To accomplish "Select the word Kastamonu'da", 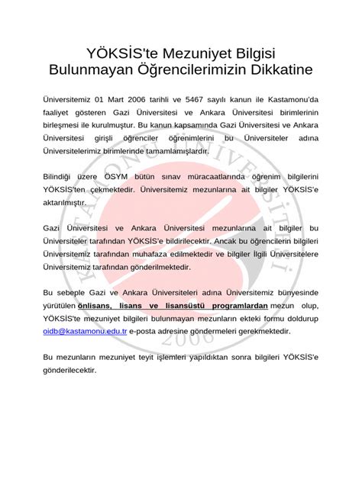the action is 289,99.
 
